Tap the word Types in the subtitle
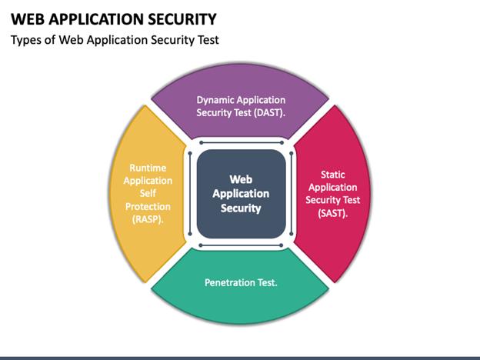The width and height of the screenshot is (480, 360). [x=27, y=40]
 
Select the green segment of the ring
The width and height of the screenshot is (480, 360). [x=240, y=296]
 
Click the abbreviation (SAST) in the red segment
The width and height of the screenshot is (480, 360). [x=332, y=213]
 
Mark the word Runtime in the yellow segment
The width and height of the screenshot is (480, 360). [x=147, y=167]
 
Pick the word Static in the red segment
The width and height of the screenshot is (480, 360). [x=332, y=174]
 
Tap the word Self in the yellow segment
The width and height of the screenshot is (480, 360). [x=147, y=194]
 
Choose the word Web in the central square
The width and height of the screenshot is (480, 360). [x=240, y=179]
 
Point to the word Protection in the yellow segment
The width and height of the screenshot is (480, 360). [x=147, y=207]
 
